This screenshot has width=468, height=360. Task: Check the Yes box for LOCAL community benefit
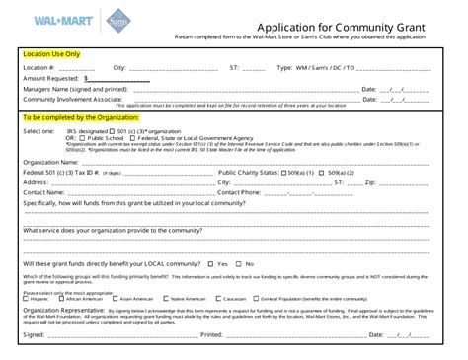point(210,264)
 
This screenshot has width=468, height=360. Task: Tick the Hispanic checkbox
point(26,298)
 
